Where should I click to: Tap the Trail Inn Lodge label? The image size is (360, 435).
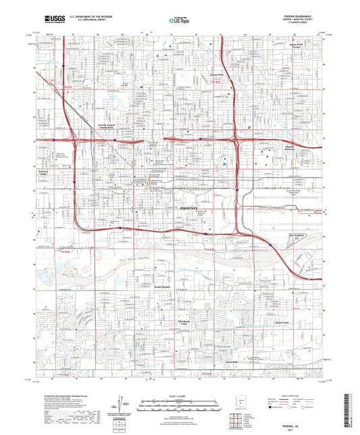40,174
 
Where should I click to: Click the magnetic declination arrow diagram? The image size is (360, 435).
125,405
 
